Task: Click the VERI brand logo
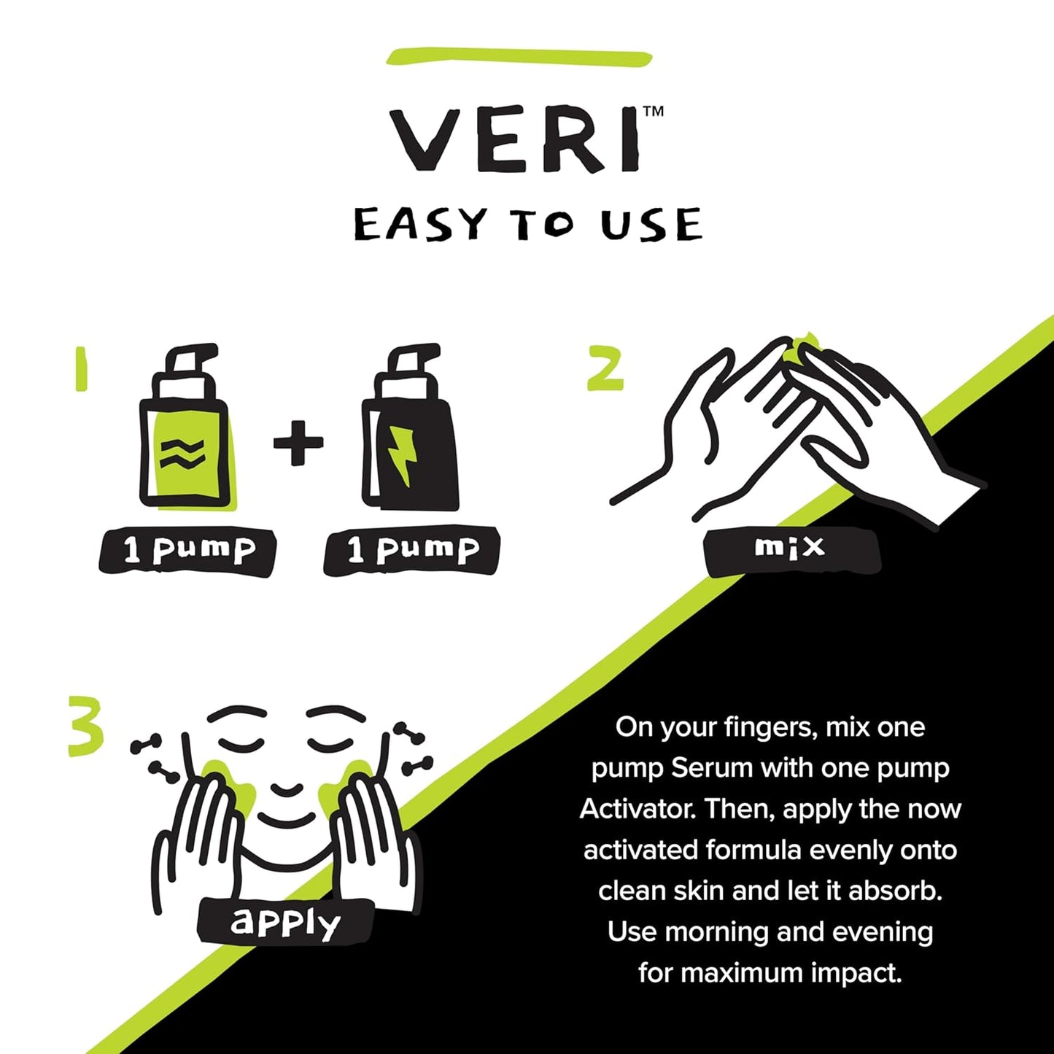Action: [x=515, y=141]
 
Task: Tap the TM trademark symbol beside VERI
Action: [x=653, y=112]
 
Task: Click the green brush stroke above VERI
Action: [x=519, y=57]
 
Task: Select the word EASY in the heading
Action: [x=420, y=225]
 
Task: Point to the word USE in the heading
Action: [x=651, y=225]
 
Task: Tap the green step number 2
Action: [x=605, y=368]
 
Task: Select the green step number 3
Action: [x=85, y=726]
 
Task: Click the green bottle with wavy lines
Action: [x=185, y=438]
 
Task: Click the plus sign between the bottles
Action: [x=298, y=442]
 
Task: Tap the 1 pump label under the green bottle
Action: [x=188, y=551]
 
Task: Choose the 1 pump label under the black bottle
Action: [x=412, y=551]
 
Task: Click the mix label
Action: [x=791, y=547]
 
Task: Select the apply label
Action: [x=285, y=922]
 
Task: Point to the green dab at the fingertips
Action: [x=800, y=348]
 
